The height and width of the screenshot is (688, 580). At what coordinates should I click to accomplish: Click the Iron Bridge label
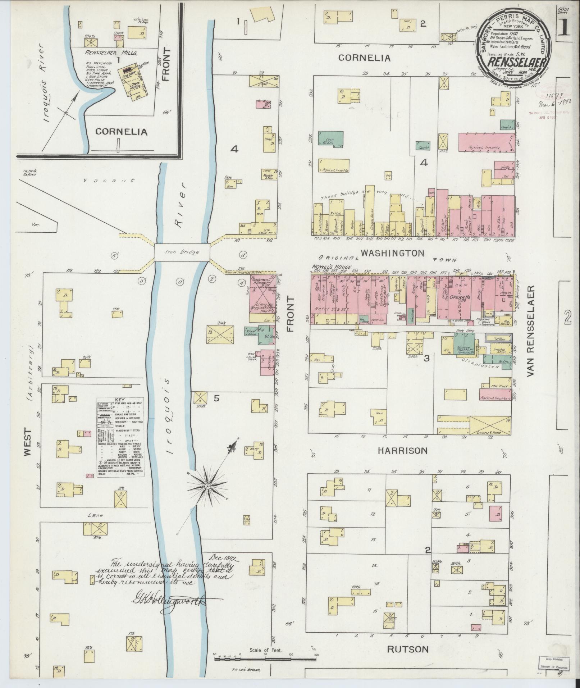point(182,252)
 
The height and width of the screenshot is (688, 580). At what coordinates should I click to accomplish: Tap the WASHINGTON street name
point(392,253)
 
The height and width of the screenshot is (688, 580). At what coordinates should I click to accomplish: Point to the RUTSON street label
point(408,649)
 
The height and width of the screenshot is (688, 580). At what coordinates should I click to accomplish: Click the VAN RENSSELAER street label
point(531,331)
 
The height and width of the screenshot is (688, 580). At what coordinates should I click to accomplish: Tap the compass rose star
point(207,486)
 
